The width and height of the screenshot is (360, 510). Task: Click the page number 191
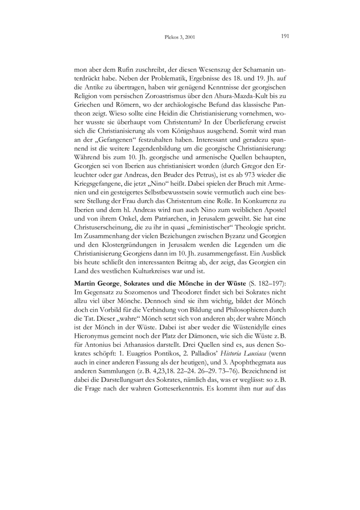click(x=284, y=36)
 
